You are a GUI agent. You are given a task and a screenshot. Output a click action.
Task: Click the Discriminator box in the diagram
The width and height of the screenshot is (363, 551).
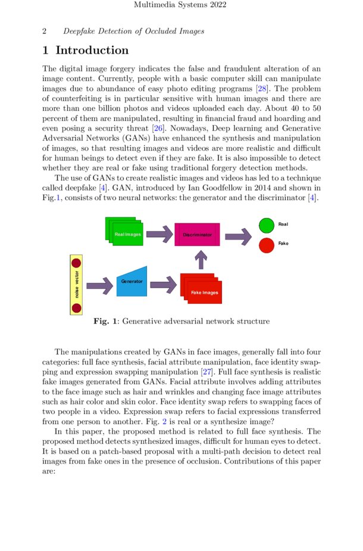click(197, 235)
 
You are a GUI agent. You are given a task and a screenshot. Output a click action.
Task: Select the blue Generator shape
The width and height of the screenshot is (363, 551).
click(132, 281)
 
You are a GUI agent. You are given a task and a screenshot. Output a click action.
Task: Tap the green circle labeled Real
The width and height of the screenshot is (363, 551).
click(267, 225)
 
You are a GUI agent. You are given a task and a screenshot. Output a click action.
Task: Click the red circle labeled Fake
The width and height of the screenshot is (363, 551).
click(267, 244)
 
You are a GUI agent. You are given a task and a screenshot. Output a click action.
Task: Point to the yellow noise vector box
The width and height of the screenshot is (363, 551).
click(76, 285)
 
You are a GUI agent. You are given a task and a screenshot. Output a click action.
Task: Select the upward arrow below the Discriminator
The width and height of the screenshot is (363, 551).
click(201, 260)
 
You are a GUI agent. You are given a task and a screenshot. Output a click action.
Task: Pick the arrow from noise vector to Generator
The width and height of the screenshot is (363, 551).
click(99, 286)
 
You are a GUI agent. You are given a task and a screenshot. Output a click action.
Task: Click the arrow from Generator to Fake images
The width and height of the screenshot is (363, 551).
click(164, 286)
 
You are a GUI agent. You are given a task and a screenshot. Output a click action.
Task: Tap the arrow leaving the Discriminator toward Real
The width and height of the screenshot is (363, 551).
click(238, 236)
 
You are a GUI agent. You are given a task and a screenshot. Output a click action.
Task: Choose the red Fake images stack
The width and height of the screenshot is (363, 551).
click(201, 288)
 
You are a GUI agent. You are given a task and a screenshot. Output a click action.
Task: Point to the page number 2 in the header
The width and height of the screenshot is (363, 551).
click(45, 31)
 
